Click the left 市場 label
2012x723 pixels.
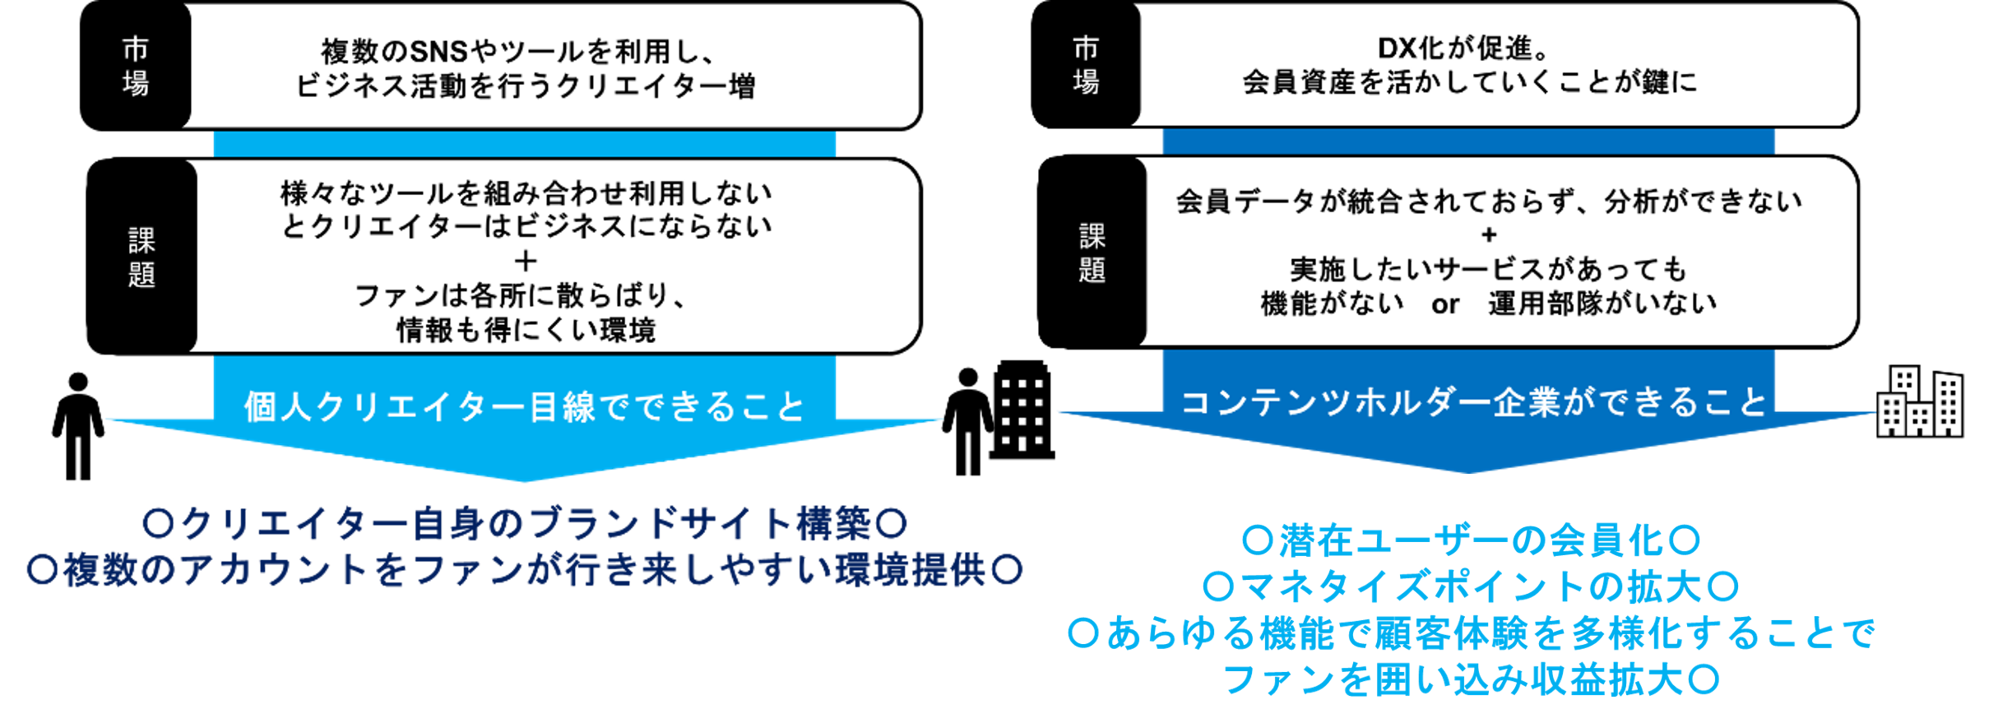click(136, 67)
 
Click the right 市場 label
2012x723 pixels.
click(1086, 65)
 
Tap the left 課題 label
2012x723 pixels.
click(141, 257)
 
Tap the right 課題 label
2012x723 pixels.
click(1092, 253)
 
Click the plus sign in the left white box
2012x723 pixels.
click(526, 262)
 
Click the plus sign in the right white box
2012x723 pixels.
click(1489, 235)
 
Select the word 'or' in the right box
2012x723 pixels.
click(1444, 304)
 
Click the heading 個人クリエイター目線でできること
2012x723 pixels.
click(525, 406)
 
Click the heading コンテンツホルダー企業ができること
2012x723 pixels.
click(1472, 402)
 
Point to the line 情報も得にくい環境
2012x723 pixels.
click(526, 330)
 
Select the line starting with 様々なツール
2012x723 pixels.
click(526, 193)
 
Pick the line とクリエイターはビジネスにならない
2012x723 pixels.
click(526, 226)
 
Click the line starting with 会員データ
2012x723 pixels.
click(1489, 202)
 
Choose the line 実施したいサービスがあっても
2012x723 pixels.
click(1489, 270)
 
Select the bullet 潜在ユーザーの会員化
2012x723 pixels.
click(1471, 540)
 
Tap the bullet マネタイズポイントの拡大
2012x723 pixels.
click(1471, 586)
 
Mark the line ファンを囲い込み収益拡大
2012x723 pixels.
click(1471, 679)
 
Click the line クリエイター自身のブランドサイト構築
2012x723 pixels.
click(525, 524)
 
